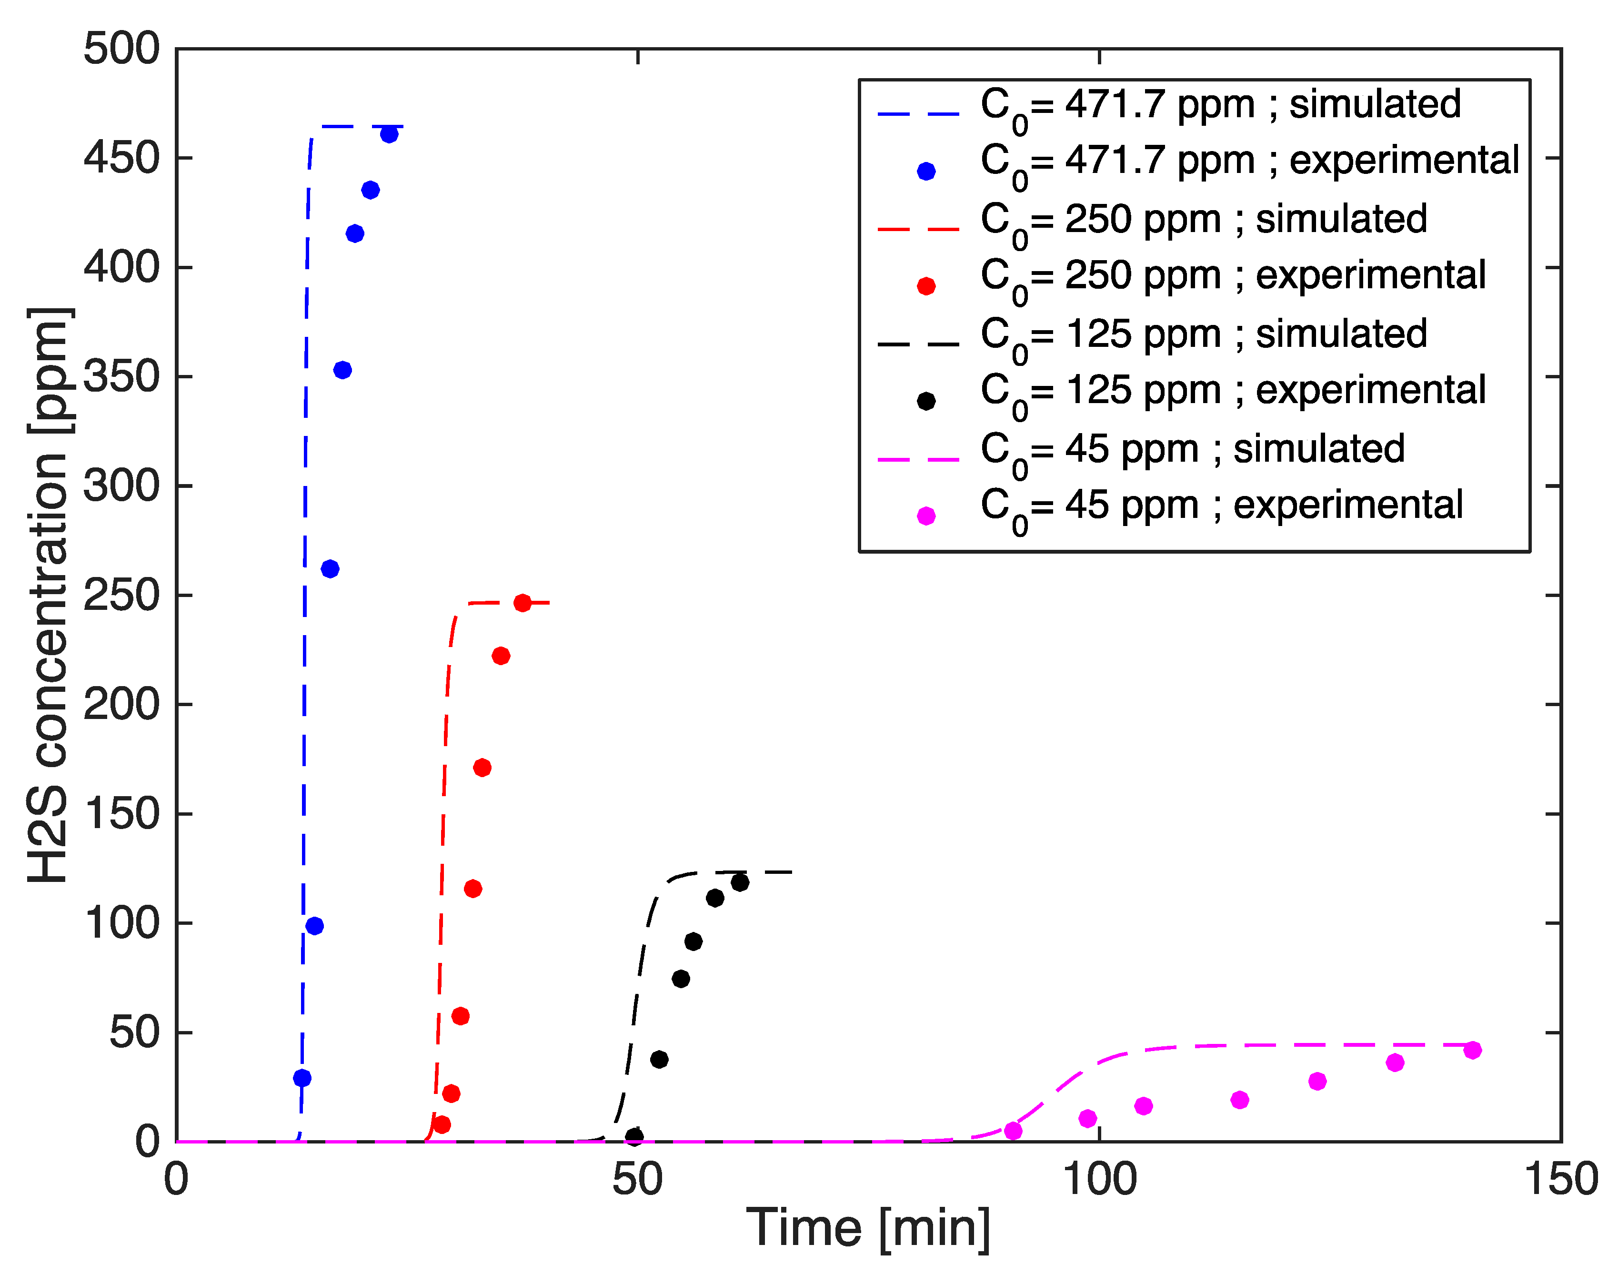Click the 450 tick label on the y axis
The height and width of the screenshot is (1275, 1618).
click(121, 158)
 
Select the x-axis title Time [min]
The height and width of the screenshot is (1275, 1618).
click(868, 1228)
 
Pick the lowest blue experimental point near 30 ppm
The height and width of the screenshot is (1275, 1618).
click(301, 1078)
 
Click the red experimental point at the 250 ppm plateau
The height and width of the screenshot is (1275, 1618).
click(523, 603)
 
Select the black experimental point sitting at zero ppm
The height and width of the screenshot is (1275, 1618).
click(633, 1137)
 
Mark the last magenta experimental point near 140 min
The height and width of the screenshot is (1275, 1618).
click(1472, 1050)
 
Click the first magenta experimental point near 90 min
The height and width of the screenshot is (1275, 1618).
click(1013, 1131)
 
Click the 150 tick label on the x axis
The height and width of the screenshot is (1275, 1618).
click(1560, 1180)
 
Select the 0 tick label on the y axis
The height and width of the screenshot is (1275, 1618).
click(148, 1142)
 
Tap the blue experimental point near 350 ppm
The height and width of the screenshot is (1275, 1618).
click(342, 370)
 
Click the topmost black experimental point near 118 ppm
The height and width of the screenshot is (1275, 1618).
click(740, 882)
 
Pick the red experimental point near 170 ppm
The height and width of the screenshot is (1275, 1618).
click(482, 768)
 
